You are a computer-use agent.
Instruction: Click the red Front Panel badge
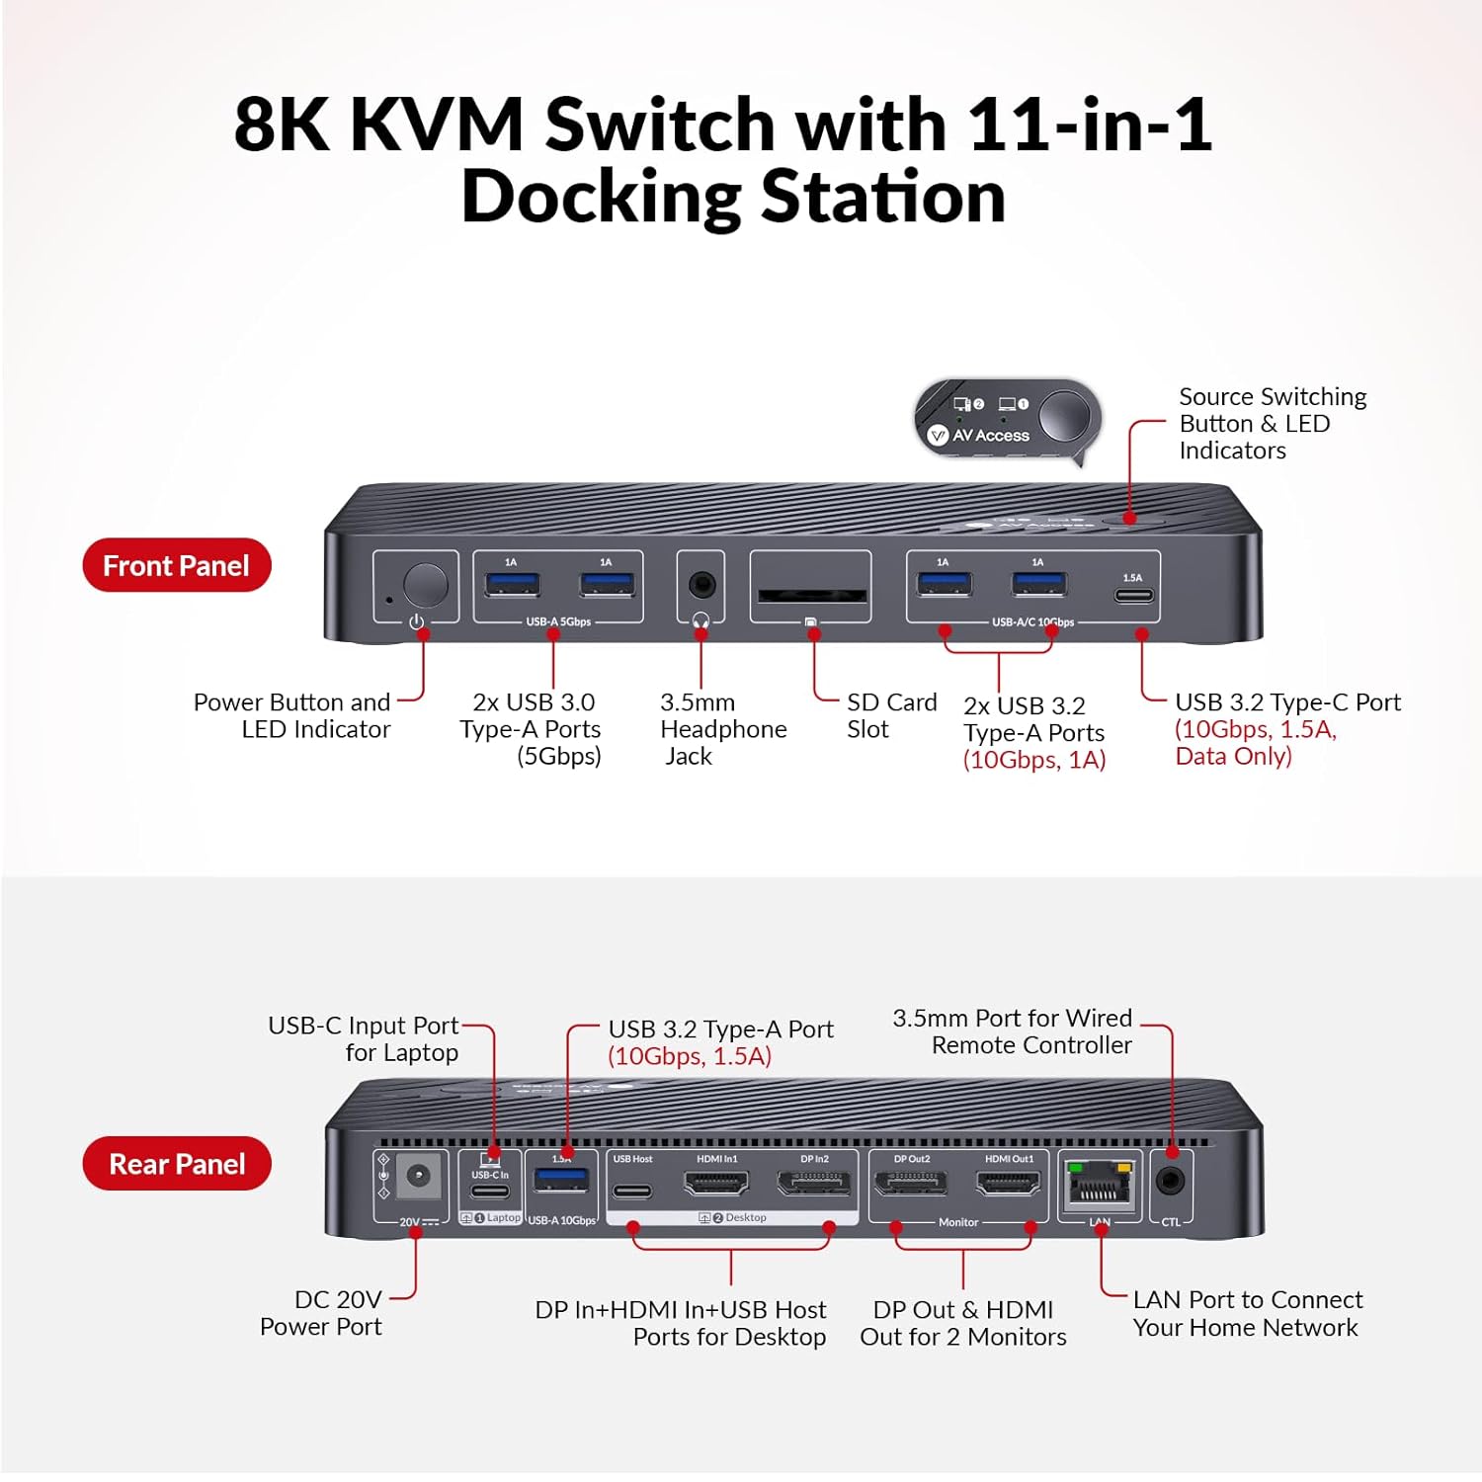click(x=176, y=566)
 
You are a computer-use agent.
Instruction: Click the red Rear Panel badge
click(x=176, y=1164)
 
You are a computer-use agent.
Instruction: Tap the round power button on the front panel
click(x=425, y=585)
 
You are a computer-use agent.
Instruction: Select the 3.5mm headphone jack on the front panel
click(x=701, y=584)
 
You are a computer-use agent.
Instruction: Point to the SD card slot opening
click(x=811, y=596)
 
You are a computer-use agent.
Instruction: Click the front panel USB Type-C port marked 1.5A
click(x=1132, y=596)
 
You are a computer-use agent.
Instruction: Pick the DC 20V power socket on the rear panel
click(x=418, y=1177)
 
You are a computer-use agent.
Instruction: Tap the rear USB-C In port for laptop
click(x=490, y=1191)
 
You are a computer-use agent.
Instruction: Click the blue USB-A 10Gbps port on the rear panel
click(x=561, y=1180)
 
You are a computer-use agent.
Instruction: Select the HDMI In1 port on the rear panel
click(x=716, y=1183)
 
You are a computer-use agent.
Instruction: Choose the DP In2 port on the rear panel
click(x=814, y=1183)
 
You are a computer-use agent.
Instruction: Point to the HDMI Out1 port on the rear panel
click(x=1008, y=1183)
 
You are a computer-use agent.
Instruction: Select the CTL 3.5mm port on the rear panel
click(x=1171, y=1181)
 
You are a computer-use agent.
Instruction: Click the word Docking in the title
click(x=601, y=198)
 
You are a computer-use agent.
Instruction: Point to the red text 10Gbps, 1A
click(x=1034, y=760)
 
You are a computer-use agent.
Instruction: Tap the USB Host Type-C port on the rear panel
click(x=632, y=1192)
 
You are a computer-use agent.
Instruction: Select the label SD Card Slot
click(x=890, y=715)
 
